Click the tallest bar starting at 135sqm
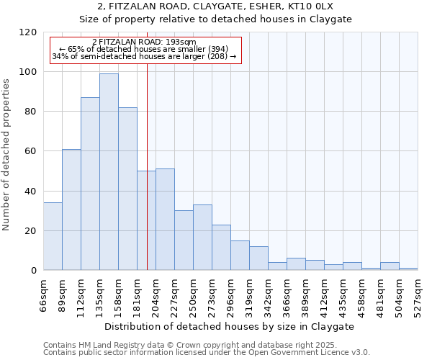[x=109, y=172]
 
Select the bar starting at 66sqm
[x=53, y=237]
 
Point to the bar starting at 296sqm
[x=240, y=256]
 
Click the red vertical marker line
[x=147, y=180]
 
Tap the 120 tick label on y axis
[x=28, y=32]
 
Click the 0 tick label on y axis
[x=34, y=271]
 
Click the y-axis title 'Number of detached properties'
[x=6, y=155]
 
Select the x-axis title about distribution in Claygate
[x=230, y=326]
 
